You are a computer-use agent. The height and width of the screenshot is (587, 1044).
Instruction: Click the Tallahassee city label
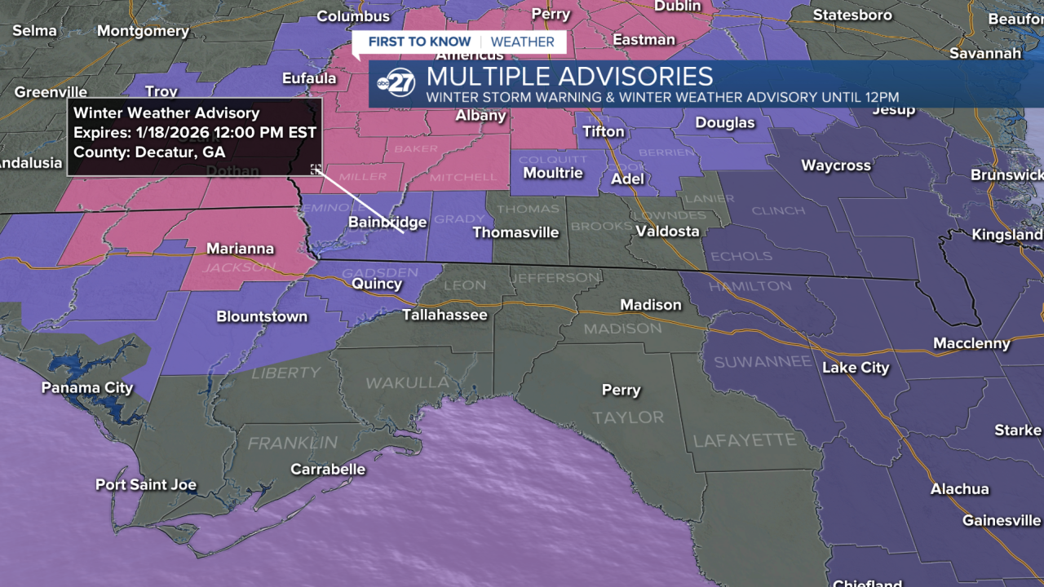click(x=445, y=315)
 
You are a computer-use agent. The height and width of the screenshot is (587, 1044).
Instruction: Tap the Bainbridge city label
click(x=387, y=223)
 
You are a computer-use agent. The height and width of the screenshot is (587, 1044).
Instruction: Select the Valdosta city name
click(x=667, y=232)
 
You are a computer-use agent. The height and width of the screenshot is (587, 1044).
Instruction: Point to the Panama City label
click(x=87, y=388)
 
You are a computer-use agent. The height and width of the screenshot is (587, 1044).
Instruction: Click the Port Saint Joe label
click(x=146, y=485)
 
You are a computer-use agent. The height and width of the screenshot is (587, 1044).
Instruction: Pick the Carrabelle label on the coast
click(x=328, y=470)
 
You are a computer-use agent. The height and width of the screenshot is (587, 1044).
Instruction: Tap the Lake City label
click(x=856, y=368)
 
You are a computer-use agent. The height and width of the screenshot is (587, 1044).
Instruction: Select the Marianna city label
click(x=240, y=249)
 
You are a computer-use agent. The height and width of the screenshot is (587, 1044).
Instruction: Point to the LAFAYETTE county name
click(x=744, y=441)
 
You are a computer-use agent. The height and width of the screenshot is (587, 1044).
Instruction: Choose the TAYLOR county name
click(x=628, y=417)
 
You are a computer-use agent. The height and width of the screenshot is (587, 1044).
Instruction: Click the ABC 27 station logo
click(x=396, y=83)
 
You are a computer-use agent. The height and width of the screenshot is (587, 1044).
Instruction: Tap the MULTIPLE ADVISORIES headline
click(x=569, y=77)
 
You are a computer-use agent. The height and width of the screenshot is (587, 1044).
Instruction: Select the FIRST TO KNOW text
click(x=419, y=42)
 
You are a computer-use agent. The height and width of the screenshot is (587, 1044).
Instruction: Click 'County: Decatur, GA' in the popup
click(x=149, y=152)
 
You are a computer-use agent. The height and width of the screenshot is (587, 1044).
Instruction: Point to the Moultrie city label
click(x=553, y=173)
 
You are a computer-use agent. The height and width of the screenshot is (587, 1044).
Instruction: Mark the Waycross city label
click(x=836, y=166)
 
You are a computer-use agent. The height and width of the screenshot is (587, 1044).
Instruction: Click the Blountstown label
click(x=262, y=317)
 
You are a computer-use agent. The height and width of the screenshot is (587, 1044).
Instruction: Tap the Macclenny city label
click(x=971, y=344)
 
